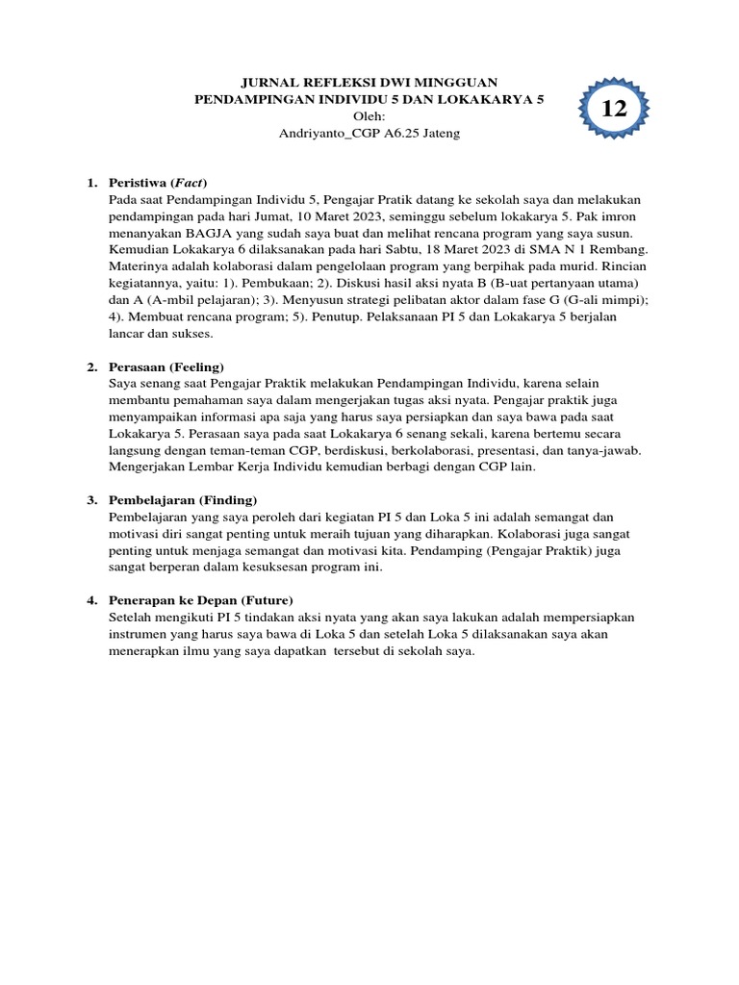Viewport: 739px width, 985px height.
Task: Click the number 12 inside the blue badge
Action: (x=614, y=109)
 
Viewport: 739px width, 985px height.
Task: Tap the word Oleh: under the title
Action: (x=369, y=116)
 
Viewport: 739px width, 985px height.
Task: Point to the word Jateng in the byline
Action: (x=440, y=134)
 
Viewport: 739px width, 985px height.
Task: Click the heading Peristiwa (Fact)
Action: (x=159, y=183)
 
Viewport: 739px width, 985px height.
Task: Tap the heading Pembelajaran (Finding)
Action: (x=183, y=500)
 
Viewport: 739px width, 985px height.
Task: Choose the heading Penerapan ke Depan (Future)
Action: (x=194, y=600)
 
